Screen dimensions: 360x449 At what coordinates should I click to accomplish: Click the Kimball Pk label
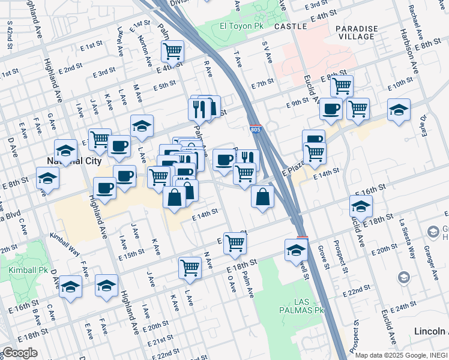pyautogui.click(x=24, y=271)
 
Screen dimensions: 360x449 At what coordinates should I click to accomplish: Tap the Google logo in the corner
pyautogui.click(x=19, y=353)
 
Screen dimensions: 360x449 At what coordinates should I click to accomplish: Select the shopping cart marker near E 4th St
pyautogui.click(x=173, y=51)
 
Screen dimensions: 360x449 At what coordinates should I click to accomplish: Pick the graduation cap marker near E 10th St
pyautogui.click(x=399, y=110)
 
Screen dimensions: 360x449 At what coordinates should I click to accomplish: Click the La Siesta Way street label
pyautogui.click(x=409, y=237)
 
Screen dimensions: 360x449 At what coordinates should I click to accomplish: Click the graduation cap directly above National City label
pyautogui.click(x=65, y=150)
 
